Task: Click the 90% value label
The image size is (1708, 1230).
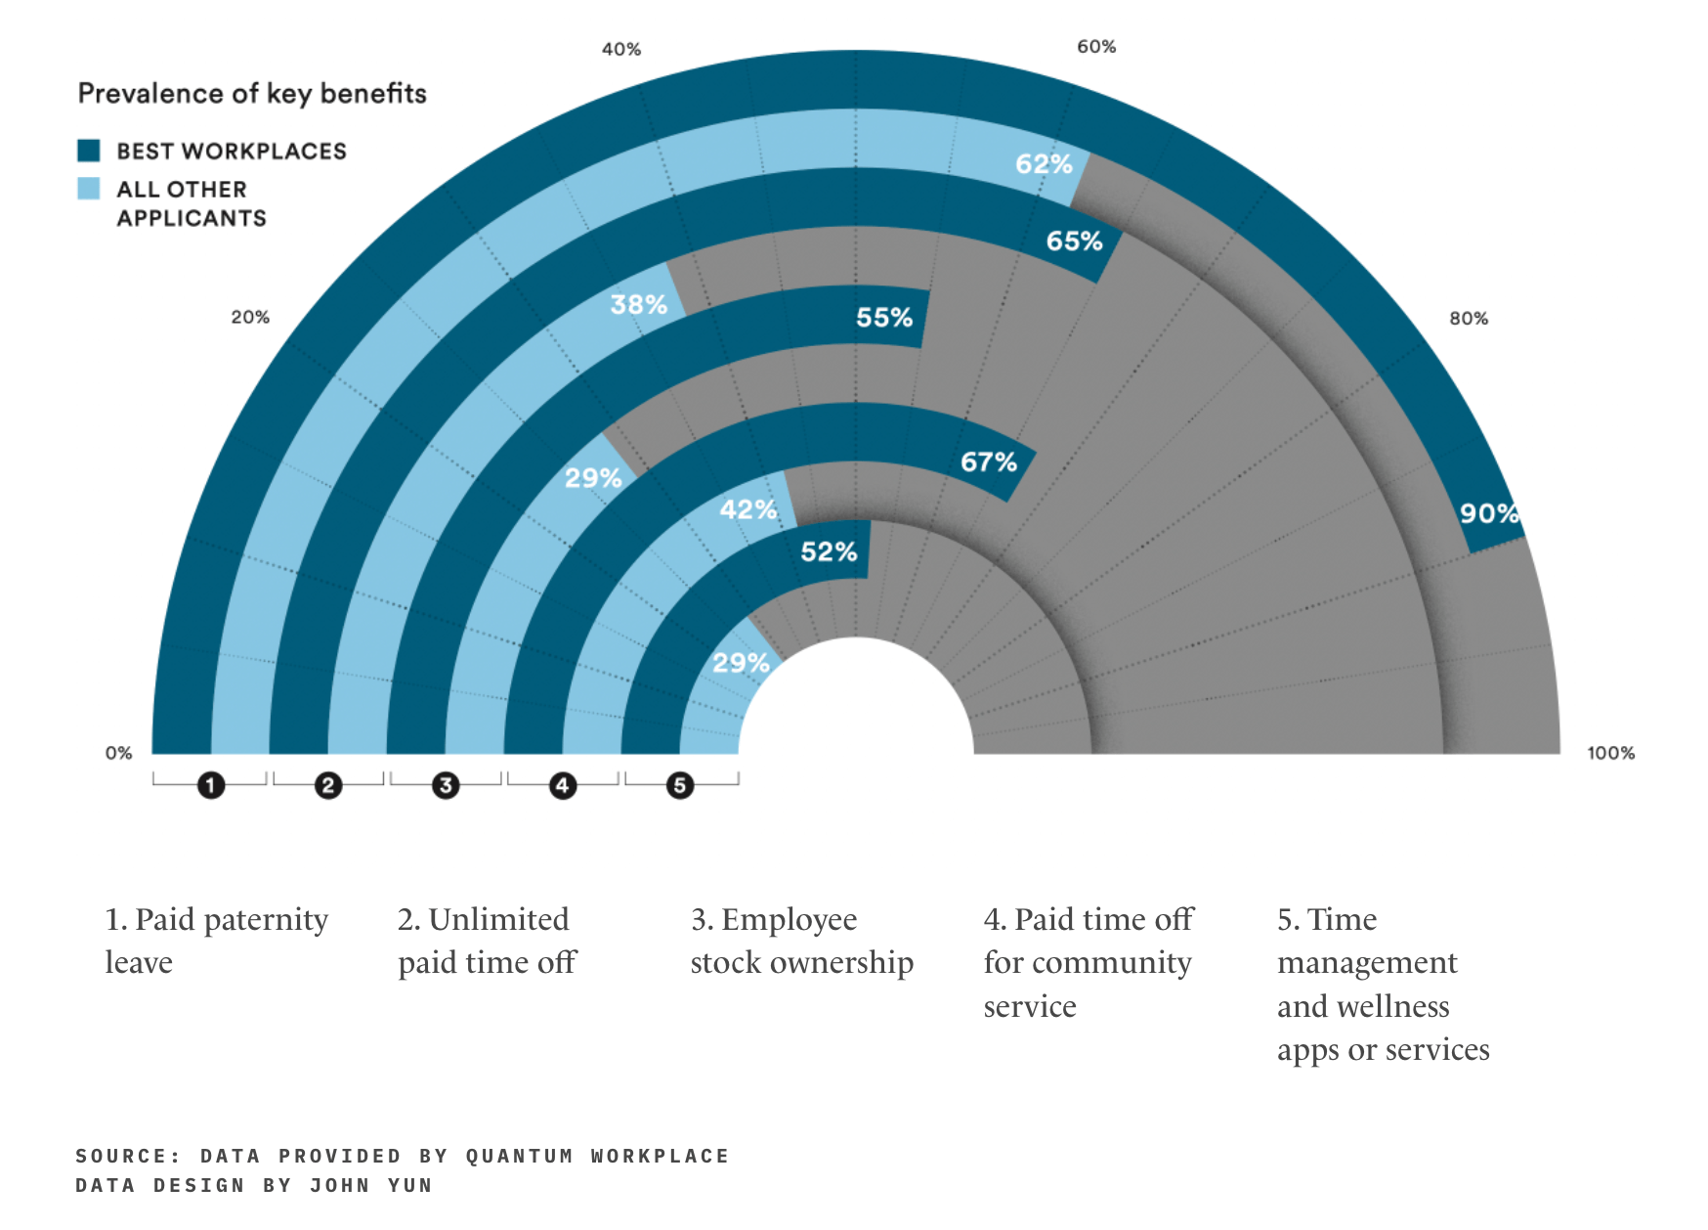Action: (x=1488, y=513)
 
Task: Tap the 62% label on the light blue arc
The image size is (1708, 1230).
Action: (x=1044, y=164)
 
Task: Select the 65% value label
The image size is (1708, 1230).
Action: (x=1074, y=242)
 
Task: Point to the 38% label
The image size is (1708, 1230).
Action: (x=638, y=305)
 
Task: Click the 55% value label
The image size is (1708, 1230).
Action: (x=884, y=318)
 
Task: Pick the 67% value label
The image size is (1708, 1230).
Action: (x=988, y=462)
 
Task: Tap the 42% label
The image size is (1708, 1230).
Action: (x=747, y=509)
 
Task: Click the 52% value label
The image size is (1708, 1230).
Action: (x=829, y=552)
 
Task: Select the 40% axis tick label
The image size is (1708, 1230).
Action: (x=621, y=49)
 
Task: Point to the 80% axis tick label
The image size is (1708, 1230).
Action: (x=1469, y=319)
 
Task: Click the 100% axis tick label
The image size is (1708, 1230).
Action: (x=1610, y=753)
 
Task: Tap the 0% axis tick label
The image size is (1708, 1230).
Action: (x=118, y=753)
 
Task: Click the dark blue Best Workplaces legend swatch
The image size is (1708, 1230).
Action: (x=89, y=151)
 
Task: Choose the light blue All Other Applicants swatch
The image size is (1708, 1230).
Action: (x=89, y=189)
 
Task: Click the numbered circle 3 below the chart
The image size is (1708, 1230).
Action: (x=446, y=785)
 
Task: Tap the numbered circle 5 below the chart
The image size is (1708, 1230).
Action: (x=680, y=785)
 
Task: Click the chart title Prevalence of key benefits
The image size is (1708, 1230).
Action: (x=252, y=94)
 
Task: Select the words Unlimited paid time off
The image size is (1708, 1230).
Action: (x=487, y=941)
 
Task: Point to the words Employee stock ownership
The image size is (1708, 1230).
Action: (x=801, y=941)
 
